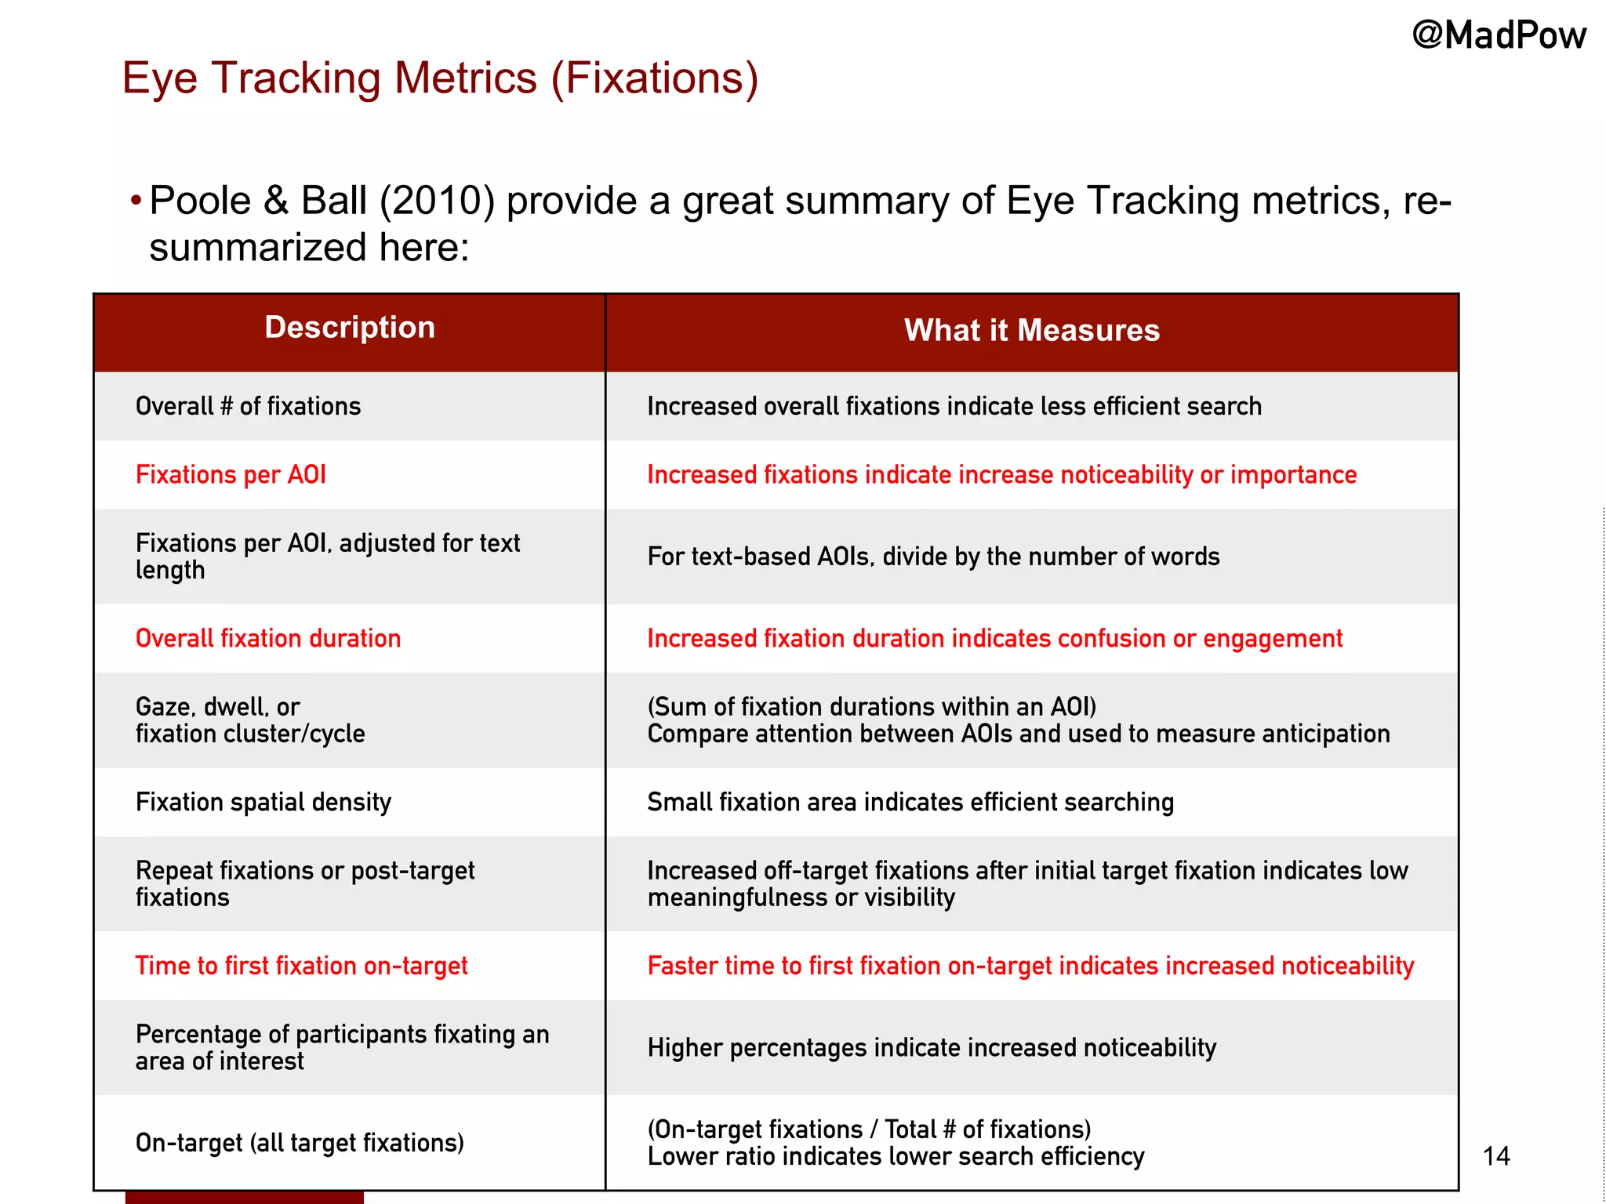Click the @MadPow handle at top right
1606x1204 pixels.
(1499, 36)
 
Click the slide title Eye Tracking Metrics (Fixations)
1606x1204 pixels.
(440, 78)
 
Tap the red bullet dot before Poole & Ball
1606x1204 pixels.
(136, 201)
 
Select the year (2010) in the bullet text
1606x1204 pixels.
(437, 201)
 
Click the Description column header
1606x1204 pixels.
(350, 328)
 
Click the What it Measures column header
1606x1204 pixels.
(1031, 331)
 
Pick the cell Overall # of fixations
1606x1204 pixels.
(248, 406)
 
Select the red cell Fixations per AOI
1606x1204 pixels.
(231, 475)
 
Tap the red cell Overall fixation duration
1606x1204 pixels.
(268, 639)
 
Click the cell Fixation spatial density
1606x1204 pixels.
(263, 803)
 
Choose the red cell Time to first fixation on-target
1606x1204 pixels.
(301, 966)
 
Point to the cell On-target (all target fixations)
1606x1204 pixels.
(300, 1143)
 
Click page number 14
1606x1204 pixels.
(1496, 1156)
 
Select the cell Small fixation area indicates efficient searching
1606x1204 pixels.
(910, 803)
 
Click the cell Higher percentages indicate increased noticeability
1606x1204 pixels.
(932, 1048)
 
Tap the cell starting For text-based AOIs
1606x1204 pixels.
(933, 557)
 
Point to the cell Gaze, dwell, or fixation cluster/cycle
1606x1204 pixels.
(250, 720)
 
